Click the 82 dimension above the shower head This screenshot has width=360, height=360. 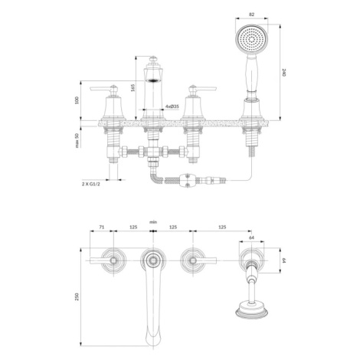251,15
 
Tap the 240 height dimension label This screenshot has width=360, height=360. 284,72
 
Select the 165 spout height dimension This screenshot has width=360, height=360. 133,87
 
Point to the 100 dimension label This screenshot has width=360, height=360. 77,100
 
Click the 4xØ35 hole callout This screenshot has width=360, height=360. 172,106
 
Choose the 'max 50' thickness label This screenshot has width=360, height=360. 77,140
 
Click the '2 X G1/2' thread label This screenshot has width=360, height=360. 91,184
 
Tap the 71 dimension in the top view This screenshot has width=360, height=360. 102,227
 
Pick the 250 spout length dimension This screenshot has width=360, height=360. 77,296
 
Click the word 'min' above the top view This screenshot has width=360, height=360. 153,222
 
